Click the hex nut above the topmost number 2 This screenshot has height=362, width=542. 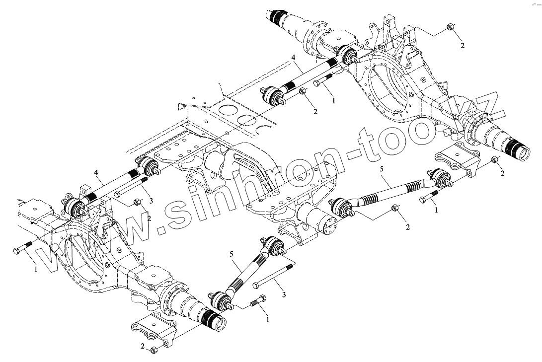point(450,27)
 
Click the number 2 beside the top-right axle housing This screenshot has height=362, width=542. point(462,46)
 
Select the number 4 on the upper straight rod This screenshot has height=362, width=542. point(294,58)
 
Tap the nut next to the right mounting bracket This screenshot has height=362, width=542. point(495,160)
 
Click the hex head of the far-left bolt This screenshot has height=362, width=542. point(16,250)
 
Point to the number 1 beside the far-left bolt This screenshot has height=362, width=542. point(35,270)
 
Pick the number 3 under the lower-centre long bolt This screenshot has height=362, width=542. point(284,295)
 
